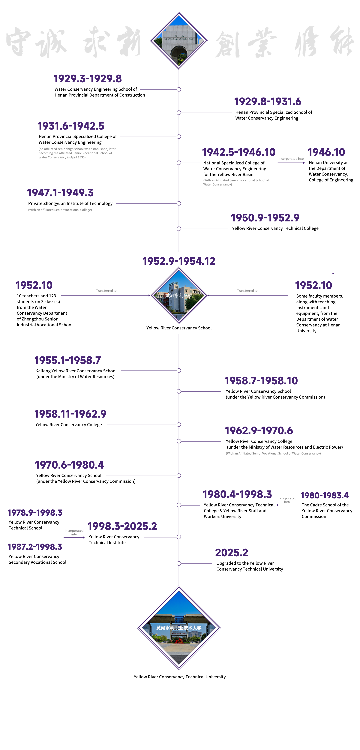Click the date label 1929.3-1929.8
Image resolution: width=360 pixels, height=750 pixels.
coord(87,79)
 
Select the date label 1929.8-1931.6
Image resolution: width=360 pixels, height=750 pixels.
coord(268,102)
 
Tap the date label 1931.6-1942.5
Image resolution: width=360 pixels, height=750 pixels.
coord(71,126)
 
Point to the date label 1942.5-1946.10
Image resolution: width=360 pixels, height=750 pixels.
coord(238,152)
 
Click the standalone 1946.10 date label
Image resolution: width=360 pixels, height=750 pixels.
coord(326,152)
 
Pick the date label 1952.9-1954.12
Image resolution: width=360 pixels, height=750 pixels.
coord(179,261)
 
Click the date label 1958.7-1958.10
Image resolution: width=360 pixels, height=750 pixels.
coord(261,381)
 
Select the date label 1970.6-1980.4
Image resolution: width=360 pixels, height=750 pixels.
coord(69,465)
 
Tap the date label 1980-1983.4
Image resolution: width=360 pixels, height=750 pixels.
coord(324,495)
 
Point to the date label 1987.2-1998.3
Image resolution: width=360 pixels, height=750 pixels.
coord(35,547)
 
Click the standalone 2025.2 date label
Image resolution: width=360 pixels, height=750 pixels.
coord(232,553)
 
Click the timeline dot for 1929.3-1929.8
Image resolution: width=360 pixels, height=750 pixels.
coord(179,89)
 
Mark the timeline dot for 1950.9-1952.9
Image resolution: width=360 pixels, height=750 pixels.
coord(179,229)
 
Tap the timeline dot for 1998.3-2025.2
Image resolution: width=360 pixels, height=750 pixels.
coord(179,537)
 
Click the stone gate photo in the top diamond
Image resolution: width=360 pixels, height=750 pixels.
coord(179,41)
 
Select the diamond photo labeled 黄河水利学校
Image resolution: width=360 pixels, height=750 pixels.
coord(179,295)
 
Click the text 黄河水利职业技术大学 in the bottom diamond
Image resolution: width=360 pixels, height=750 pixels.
coord(179,628)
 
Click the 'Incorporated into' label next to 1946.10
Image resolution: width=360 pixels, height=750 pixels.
coord(291,159)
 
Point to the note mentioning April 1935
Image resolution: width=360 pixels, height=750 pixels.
coord(77,153)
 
